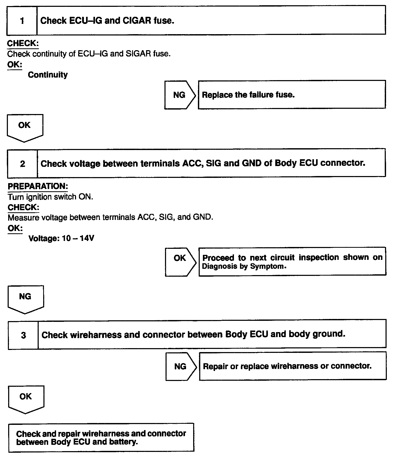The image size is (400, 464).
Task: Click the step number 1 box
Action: click(22, 21)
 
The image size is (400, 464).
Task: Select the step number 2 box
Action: click(23, 164)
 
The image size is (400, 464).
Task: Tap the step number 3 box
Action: click(23, 335)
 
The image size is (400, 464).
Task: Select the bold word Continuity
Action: click(48, 75)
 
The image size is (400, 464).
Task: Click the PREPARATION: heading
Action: click(38, 186)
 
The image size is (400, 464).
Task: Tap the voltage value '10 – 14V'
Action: click(78, 238)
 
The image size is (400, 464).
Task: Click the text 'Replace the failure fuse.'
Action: click(248, 95)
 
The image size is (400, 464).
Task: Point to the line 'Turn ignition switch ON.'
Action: click(50, 197)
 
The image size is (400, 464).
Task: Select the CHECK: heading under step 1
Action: click(23, 43)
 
